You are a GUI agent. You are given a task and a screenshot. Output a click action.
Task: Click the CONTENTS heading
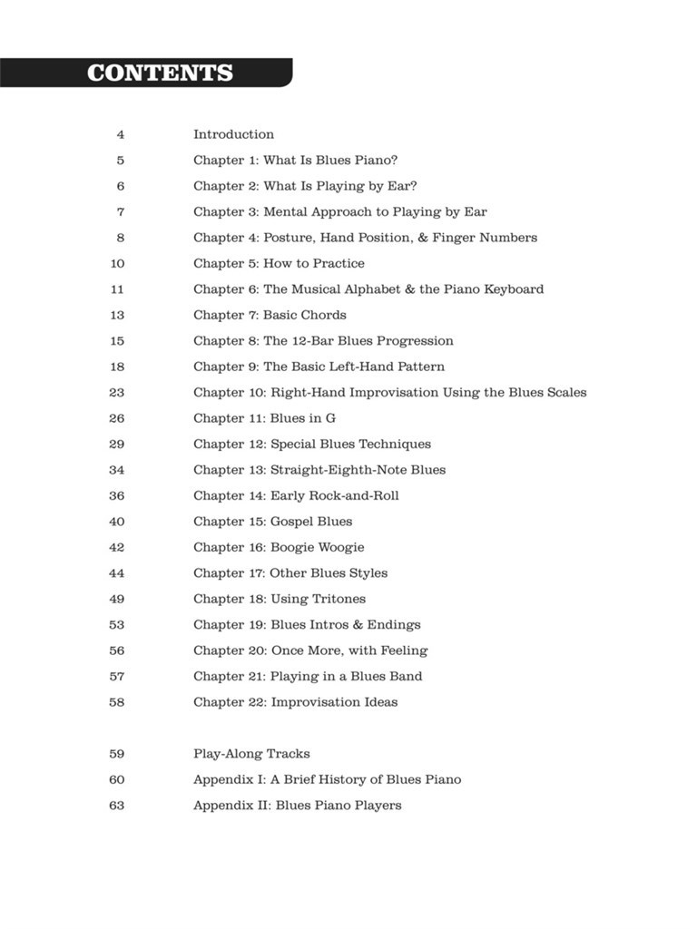click(x=160, y=73)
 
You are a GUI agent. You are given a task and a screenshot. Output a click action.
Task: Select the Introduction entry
click(x=233, y=134)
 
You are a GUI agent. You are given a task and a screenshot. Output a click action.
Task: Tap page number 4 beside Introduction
click(x=120, y=134)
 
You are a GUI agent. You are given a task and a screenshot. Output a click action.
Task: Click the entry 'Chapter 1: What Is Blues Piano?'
click(x=295, y=161)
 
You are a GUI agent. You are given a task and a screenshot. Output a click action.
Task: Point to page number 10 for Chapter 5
click(x=117, y=264)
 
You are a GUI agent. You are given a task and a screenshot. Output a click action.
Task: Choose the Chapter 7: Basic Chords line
click(x=270, y=316)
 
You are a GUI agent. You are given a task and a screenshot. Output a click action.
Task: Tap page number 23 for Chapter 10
click(x=117, y=393)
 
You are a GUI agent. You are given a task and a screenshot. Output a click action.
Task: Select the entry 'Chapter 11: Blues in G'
click(x=264, y=419)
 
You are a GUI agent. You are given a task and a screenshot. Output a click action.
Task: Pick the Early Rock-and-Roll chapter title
click(x=334, y=496)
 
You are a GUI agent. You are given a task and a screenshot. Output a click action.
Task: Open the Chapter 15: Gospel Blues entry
click(x=272, y=522)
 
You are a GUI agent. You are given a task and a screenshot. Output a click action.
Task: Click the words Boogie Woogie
click(x=317, y=548)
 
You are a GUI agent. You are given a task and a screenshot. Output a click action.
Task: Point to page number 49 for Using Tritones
click(x=117, y=599)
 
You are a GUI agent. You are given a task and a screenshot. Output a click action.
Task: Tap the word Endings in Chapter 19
click(x=393, y=625)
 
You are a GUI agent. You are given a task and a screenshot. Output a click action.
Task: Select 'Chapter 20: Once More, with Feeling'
click(x=310, y=650)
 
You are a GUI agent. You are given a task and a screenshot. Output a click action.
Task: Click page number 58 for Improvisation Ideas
click(x=117, y=702)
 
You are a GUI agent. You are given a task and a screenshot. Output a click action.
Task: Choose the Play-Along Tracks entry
click(x=251, y=754)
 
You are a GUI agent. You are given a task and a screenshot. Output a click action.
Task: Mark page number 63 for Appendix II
click(x=117, y=806)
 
